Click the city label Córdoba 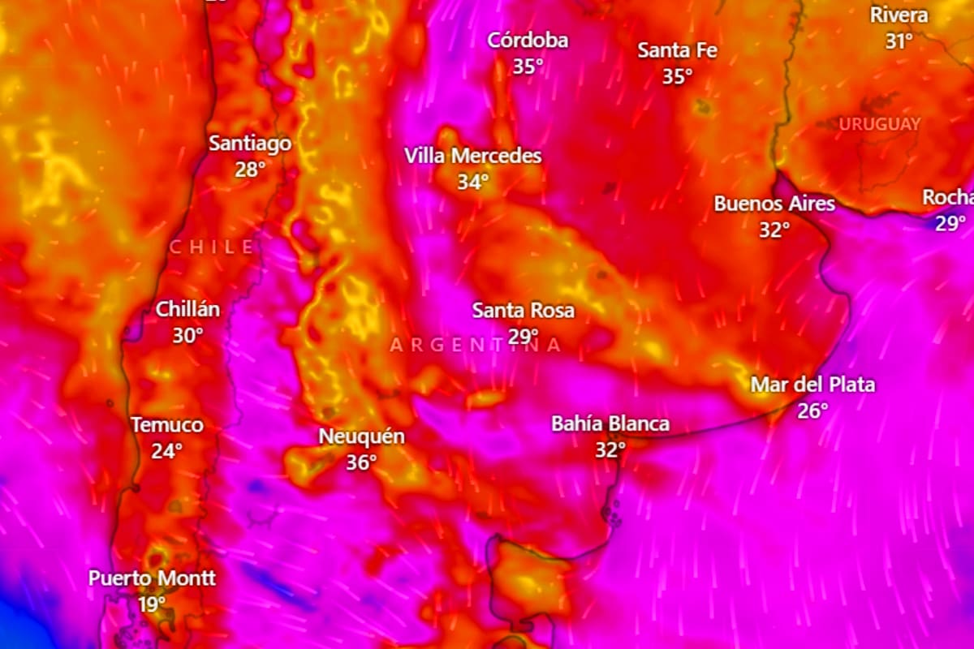pyautogui.click(x=528, y=41)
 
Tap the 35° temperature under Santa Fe pyautogui.click(x=677, y=77)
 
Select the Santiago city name pyautogui.click(x=250, y=144)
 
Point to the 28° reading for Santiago pyautogui.click(x=250, y=170)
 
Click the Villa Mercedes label pyautogui.click(x=473, y=156)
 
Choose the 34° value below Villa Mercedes pyautogui.click(x=473, y=183)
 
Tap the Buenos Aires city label pyautogui.click(x=774, y=204)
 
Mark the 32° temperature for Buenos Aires pyautogui.click(x=774, y=230)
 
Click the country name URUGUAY pyautogui.click(x=880, y=124)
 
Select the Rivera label pyautogui.click(x=899, y=15)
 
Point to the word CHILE pyautogui.click(x=212, y=247)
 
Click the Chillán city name pyautogui.click(x=187, y=309)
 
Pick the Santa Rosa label pyautogui.click(x=524, y=310)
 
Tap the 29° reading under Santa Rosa pyautogui.click(x=524, y=336)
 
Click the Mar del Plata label pyautogui.click(x=812, y=385)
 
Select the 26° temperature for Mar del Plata pyautogui.click(x=812, y=411)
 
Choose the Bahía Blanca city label pyautogui.click(x=610, y=423)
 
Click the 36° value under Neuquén pyautogui.click(x=361, y=463)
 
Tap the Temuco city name pyautogui.click(x=167, y=425)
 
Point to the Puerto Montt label pyautogui.click(x=153, y=578)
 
